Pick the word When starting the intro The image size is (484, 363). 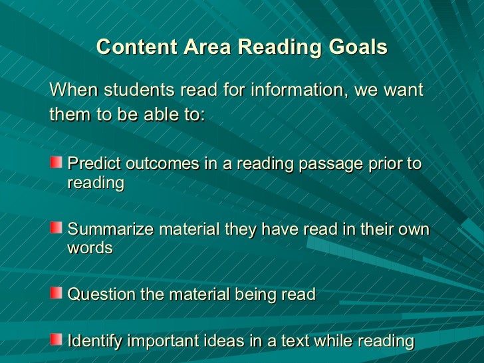(x=70, y=89)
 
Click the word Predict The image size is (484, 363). (x=91, y=164)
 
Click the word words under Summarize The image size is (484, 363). (x=90, y=248)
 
